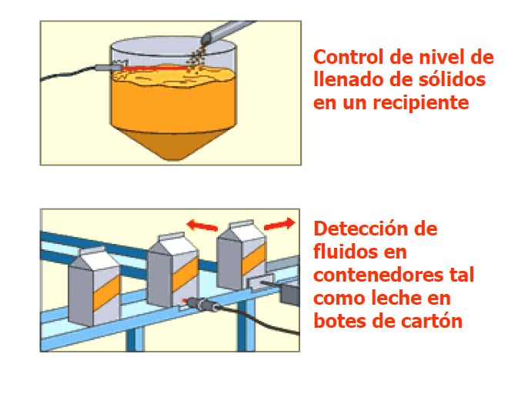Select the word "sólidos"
click(452, 79)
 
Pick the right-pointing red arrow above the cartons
click(278, 223)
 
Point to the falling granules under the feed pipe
click(196, 52)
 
